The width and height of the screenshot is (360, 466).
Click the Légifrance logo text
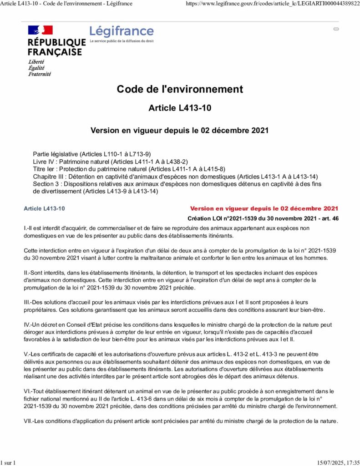(x=122, y=31)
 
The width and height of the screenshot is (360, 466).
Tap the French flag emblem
(x=41, y=30)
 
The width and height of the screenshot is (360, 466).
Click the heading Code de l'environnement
(x=180, y=89)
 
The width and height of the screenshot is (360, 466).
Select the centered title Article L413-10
(x=180, y=108)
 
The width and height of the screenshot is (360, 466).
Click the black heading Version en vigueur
(x=180, y=130)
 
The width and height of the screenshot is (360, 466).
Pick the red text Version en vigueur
(x=264, y=208)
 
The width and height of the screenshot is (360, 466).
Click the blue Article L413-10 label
(x=44, y=208)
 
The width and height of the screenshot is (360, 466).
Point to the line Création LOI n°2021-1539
(x=263, y=218)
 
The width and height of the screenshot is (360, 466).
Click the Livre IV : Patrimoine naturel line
(x=110, y=162)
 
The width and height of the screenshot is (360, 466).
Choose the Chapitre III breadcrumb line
(x=175, y=176)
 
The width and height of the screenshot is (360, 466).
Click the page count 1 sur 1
(x=9, y=462)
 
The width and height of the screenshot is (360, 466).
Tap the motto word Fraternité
(x=40, y=74)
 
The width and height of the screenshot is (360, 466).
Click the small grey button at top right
(x=336, y=29)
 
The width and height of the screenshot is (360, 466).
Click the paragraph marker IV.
(x=27, y=324)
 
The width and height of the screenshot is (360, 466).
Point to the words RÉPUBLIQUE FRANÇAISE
(x=56, y=47)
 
